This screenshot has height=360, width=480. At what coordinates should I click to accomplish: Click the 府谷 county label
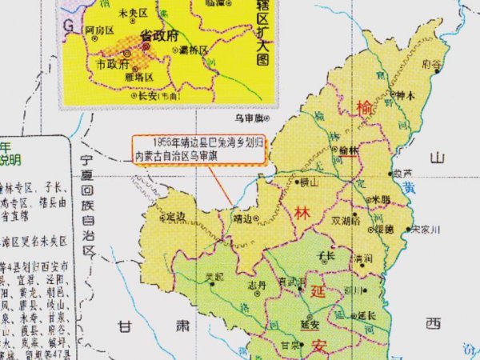(433, 62)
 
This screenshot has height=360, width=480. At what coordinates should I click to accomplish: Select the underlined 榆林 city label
(348, 150)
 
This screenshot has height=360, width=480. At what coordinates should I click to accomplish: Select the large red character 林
(302, 214)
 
